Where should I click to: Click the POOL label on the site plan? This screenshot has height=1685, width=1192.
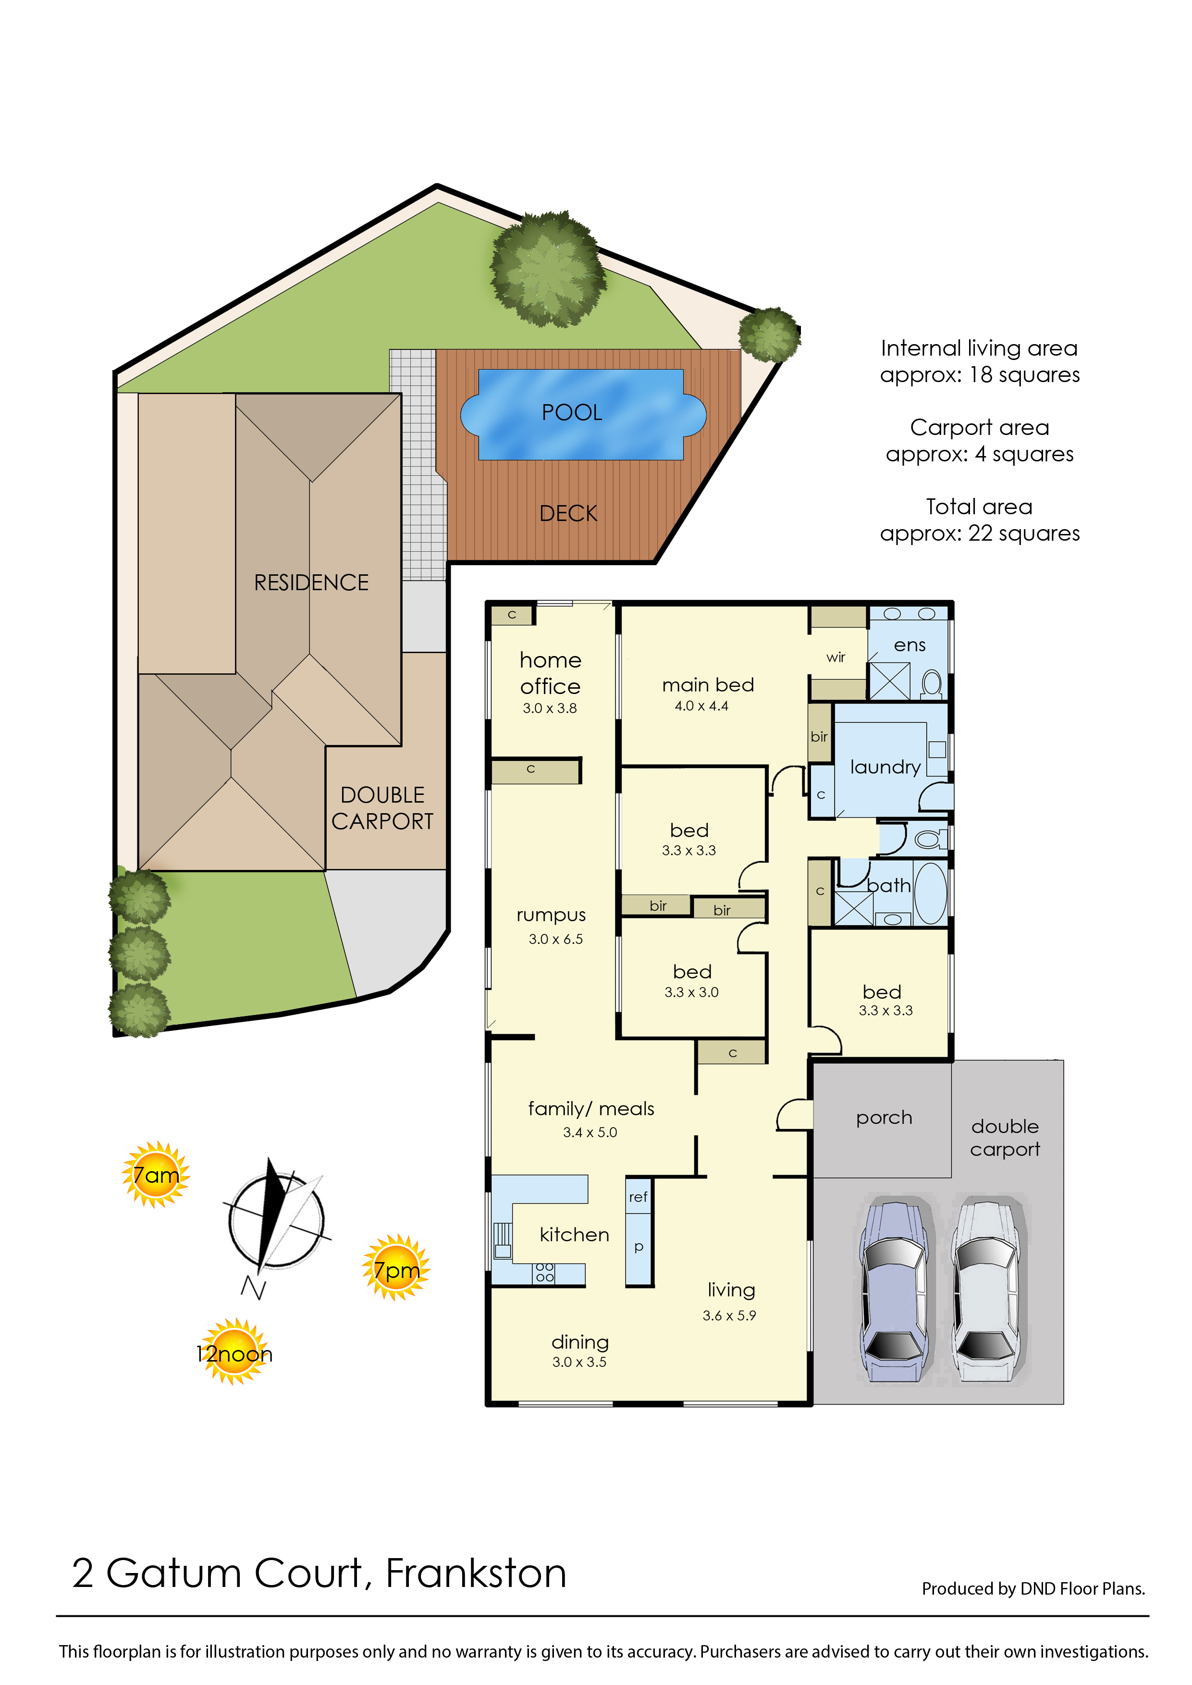pos(572,413)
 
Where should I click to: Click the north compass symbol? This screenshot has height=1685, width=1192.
pos(276,1223)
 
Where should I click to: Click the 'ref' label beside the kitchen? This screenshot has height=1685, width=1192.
pos(638,1197)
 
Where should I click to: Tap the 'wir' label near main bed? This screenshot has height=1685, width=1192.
pos(836,657)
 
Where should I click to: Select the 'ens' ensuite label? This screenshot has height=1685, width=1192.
pos(909,645)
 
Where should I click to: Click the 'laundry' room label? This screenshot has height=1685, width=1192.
pos(885,767)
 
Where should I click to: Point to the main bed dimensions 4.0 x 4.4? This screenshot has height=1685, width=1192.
pos(701,706)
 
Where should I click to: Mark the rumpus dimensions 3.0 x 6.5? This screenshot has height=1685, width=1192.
pos(555,939)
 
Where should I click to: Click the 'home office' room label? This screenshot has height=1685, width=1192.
pos(551,673)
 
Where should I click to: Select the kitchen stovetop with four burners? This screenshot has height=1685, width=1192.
pos(544,1272)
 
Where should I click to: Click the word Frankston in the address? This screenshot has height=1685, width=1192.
pos(476,1573)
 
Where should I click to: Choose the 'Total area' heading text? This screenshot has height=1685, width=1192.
pos(979,507)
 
